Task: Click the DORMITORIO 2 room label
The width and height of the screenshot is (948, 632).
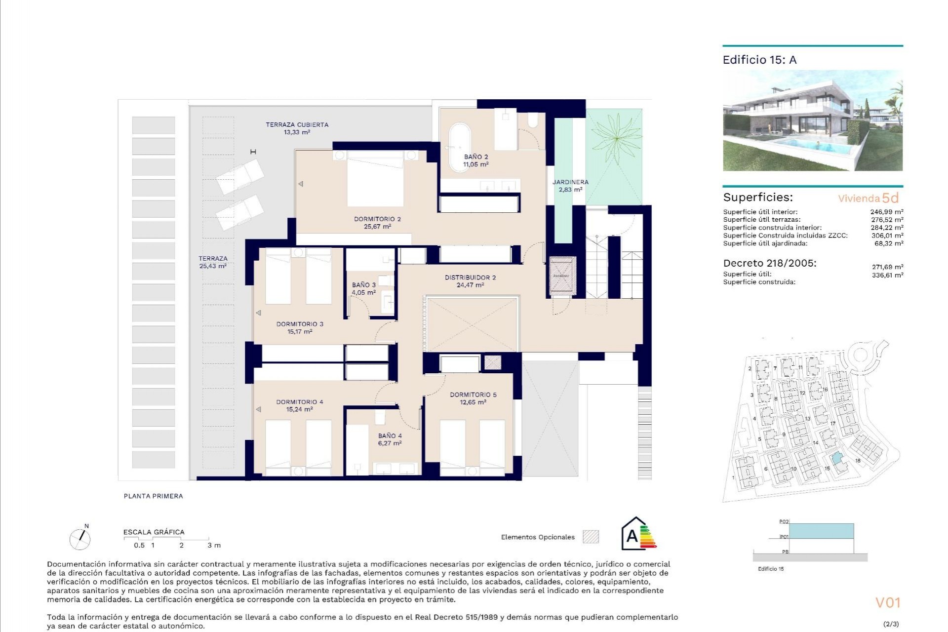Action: [x=377, y=219]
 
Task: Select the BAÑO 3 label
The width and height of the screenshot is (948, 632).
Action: [x=364, y=285]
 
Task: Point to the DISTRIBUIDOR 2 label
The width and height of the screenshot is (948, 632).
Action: [x=470, y=277]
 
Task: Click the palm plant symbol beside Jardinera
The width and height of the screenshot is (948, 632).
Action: [x=616, y=139]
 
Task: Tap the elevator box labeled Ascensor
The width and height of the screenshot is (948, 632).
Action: [x=562, y=276]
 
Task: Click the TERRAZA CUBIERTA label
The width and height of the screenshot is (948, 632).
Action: [x=297, y=125]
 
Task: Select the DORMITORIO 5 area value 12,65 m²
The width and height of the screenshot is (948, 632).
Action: [x=473, y=402]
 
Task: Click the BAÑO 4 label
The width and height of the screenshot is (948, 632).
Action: [x=390, y=435]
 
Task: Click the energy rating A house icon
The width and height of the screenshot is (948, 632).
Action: [x=637, y=534]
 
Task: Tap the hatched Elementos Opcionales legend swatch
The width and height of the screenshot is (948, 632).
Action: [x=591, y=537]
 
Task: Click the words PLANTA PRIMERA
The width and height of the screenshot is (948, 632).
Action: [x=153, y=496]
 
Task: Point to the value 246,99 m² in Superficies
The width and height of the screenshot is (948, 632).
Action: [x=887, y=212]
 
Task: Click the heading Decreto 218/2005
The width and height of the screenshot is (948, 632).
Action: [x=769, y=263]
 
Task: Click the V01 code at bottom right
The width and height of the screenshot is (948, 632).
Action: [x=888, y=603]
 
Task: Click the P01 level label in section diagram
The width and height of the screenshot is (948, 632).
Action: [x=784, y=537]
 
